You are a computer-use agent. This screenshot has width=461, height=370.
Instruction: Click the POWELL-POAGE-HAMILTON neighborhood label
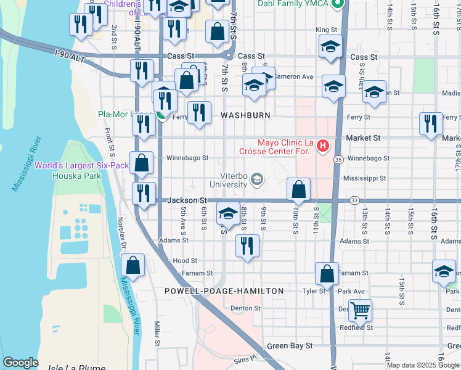[224, 291]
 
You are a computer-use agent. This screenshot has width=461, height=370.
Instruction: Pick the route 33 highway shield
[354, 200]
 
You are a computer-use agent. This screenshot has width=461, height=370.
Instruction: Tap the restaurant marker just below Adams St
[248, 246]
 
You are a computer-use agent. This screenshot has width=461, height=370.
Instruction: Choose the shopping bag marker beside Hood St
[133, 266]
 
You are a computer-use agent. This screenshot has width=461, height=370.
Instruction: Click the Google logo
[20, 363]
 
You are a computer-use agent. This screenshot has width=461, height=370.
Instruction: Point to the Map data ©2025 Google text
[423, 365]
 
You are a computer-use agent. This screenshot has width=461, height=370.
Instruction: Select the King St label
[327, 30]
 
